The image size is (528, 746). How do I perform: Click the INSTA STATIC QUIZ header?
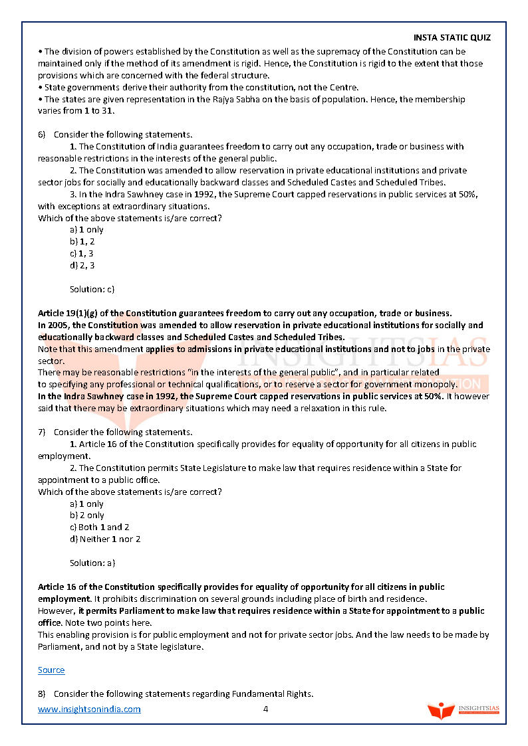coord(452,38)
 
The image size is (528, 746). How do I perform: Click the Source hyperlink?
coord(51,670)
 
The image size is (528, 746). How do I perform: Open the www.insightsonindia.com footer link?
coord(89,709)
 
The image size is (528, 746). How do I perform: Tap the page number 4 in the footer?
coord(265,709)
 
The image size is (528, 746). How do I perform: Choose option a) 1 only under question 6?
coord(86,230)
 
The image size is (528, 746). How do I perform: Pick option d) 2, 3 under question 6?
coord(82,266)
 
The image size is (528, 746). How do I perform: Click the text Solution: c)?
coord(92,290)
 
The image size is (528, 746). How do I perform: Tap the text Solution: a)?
coord(92,563)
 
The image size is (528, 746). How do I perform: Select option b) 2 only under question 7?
coord(86,515)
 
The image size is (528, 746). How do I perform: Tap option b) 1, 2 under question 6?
coord(82,242)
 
